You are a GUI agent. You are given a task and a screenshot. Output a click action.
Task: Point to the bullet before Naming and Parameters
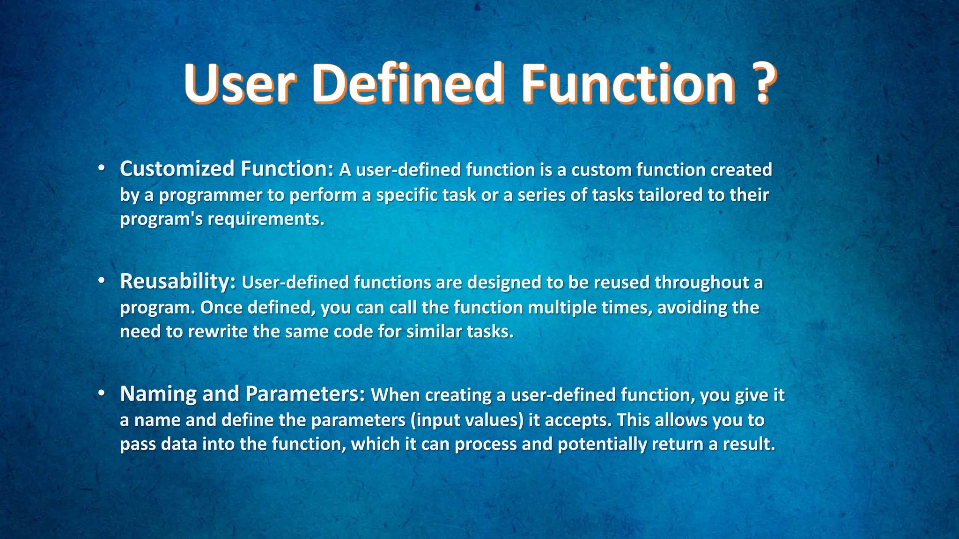pos(101,394)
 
